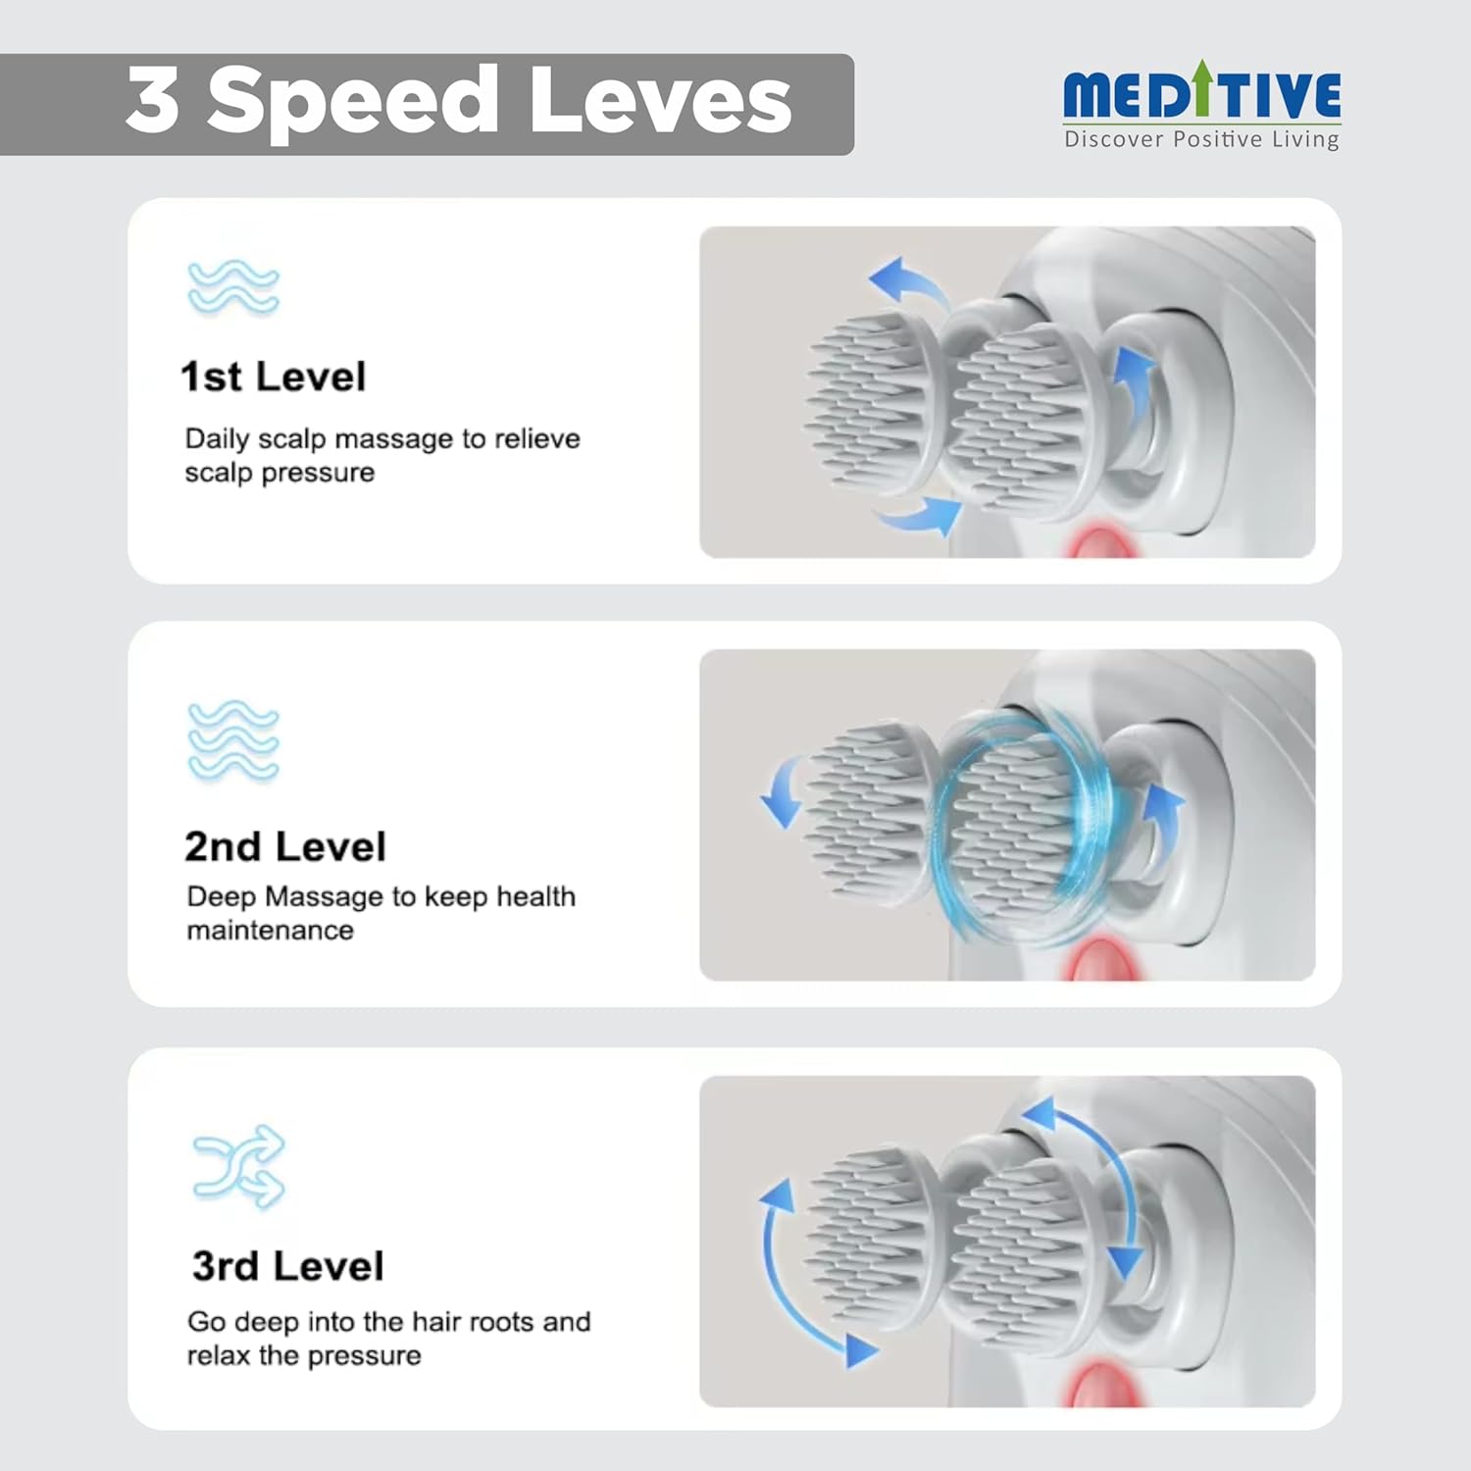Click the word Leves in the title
[x=660, y=101]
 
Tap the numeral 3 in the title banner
[x=152, y=100]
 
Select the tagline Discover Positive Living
[x=1201, y=139]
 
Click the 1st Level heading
[x=274, y=377]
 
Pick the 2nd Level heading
[x=285, y=846]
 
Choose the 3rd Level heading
[x=287, y=1266]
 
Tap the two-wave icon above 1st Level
[x=233, y=287]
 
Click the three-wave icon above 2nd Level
[x=233, y=741]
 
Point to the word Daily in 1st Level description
[x=217, y=439]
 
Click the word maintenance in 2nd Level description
[x=271, y=931]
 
